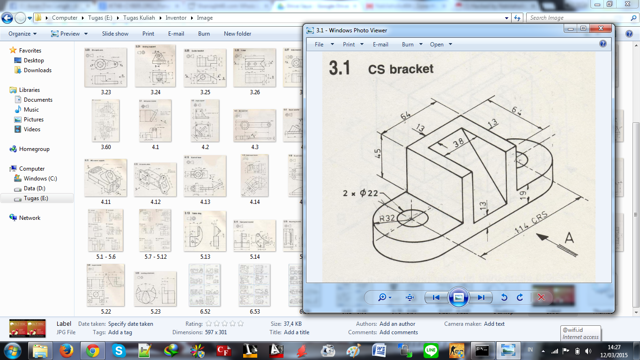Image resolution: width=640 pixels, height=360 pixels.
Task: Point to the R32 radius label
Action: (388, 218)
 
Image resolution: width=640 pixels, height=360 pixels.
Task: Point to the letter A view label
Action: (568, 238)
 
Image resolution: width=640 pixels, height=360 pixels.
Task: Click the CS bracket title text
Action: (401, 69)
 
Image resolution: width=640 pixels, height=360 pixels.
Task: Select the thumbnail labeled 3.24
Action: (155, 66)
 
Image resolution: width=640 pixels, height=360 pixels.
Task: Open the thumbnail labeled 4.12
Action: (155, 180)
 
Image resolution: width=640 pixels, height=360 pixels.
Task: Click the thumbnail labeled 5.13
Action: (205, 231)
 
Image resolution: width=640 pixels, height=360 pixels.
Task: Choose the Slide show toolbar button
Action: (115, 34)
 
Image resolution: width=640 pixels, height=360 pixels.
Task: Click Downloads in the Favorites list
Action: (37, 70)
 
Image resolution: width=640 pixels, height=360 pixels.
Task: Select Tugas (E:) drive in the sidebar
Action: (36, 198)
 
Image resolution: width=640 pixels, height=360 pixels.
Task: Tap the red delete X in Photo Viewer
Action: (541, 297)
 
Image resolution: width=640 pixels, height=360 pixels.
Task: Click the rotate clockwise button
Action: (520, 297)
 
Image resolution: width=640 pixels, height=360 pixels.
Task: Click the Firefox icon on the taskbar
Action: (67, 350)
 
